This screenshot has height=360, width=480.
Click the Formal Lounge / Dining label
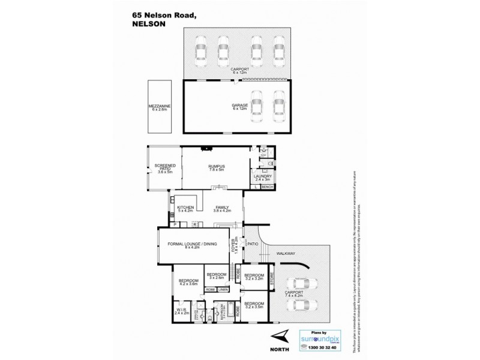click(191, 245)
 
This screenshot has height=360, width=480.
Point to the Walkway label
click(286, 254)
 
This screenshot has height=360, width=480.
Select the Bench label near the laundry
click(268, 188)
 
